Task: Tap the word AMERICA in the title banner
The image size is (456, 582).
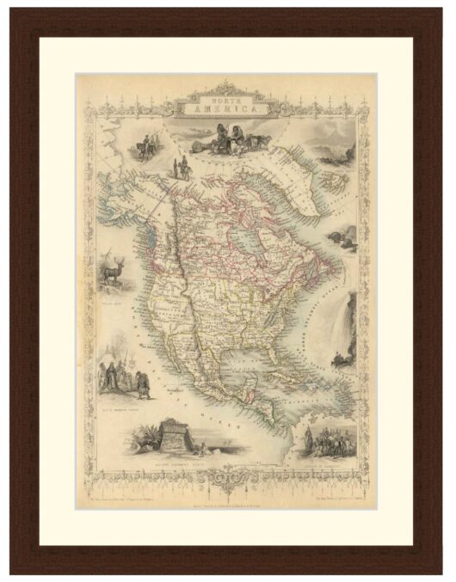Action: pos(227,110)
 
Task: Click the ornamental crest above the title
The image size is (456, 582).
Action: pos(227,87)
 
